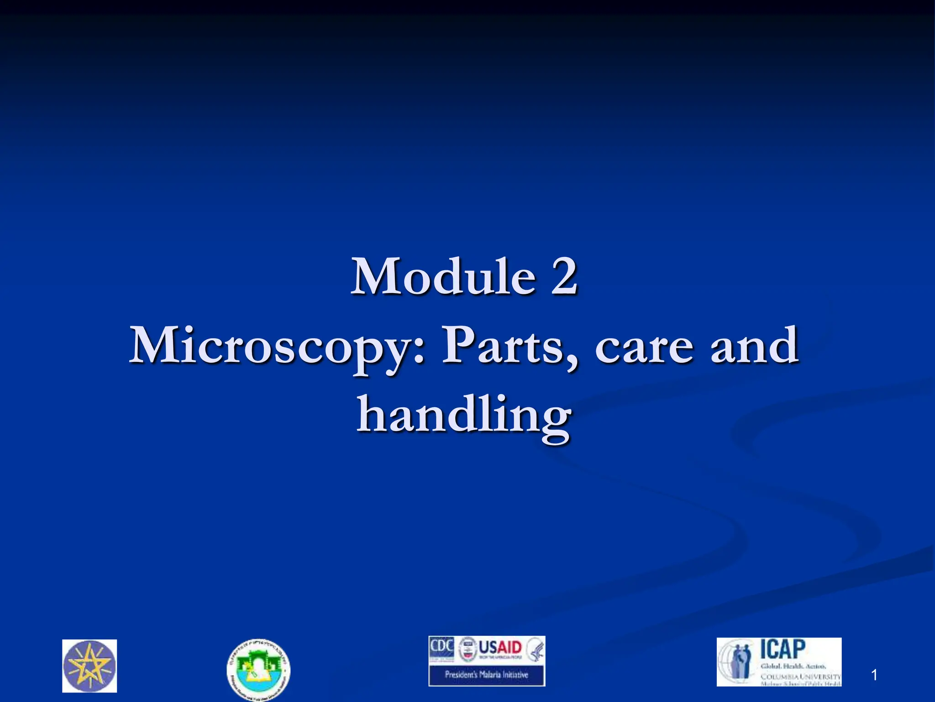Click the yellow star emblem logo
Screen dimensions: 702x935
point(89,665)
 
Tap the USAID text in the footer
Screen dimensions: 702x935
point(500,647)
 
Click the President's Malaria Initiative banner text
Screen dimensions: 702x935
point(486,674)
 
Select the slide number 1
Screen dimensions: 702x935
point(874,675)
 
